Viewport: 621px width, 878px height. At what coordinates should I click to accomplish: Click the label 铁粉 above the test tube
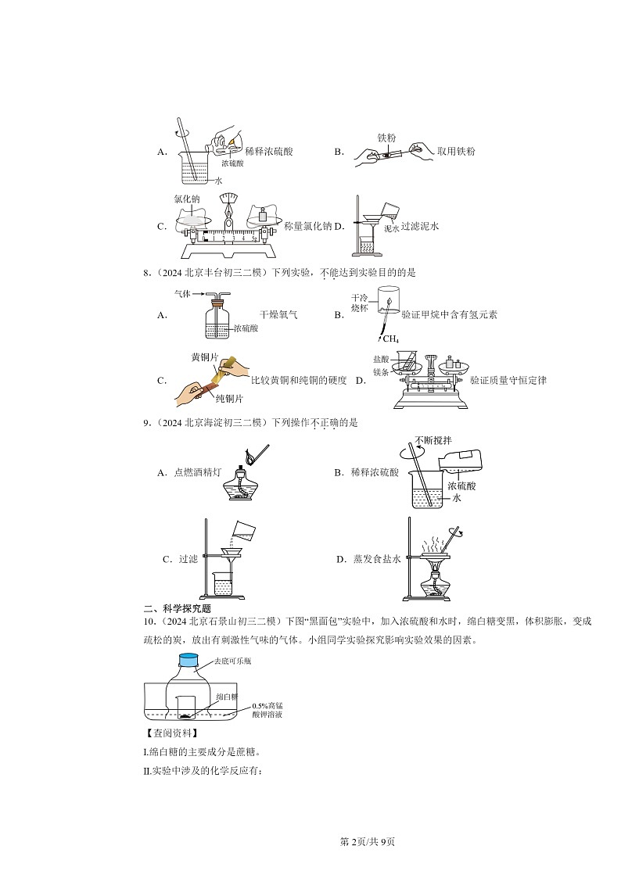pos(386,136)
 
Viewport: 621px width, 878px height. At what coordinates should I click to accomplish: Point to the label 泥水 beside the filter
pos(392,228)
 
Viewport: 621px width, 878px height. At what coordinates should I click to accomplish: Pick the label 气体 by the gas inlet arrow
pos(184,294)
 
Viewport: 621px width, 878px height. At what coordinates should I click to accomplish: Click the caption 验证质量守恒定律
pos(508,381)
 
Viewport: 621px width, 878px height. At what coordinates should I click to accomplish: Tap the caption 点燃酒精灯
pos(194,473)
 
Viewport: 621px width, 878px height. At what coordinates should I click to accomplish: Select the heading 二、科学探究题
pos(178,608)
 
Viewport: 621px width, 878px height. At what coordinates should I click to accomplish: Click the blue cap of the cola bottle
pos(189,660)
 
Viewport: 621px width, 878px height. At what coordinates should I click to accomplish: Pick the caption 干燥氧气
pos(277,315)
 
